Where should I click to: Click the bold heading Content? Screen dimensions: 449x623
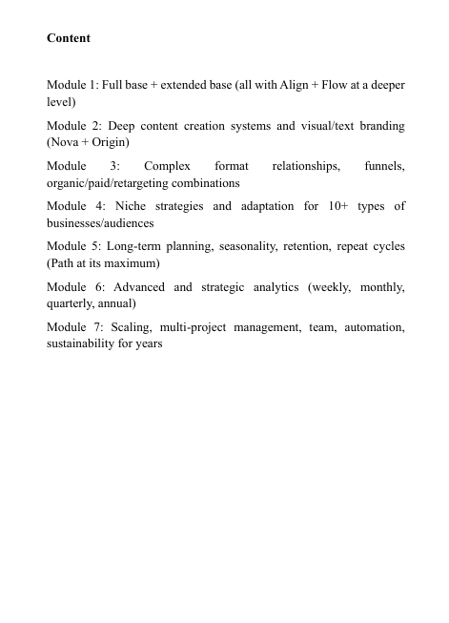tap(69, 38)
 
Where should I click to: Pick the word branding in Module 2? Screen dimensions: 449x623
tap(378, 126)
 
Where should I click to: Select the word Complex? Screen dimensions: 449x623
tap(168, 166)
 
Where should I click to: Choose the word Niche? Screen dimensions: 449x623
tap(131, 206)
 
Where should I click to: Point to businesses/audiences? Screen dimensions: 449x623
tap(100, 221)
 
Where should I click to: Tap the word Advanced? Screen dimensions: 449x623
tap(139, 286)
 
